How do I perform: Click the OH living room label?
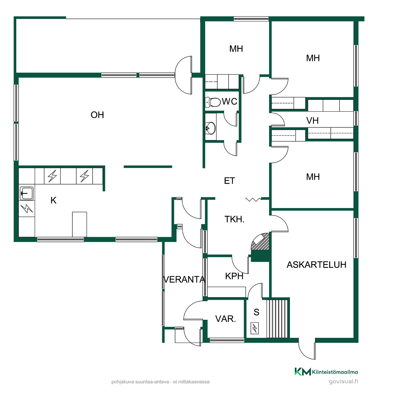(x=97, y=115)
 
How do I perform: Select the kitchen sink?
(x=27, y=193)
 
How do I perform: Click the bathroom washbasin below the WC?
(x=210, y=128)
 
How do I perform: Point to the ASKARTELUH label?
(x=316, y=265)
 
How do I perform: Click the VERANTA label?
(x=184, y=280)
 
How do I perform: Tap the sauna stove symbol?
(x=254, y=328)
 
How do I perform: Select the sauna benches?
(x=277, y=319)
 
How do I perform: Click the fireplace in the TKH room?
(x=260, y=242)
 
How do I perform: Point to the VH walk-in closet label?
(x=312, y=121)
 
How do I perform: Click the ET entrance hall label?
(x=229, y=181)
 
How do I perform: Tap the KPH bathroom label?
(x=234, y=276)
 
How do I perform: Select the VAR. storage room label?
(x=225, y=319)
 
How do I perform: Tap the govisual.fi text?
(x=343, y=381)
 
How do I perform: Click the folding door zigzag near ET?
(x=253, y=199)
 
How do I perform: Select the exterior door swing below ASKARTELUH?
(x=307, y=348)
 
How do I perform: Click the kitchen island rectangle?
(x=79, y=224)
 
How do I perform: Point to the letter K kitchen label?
(x=53, y=200)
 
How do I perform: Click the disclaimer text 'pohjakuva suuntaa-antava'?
(x=140, y=382)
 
